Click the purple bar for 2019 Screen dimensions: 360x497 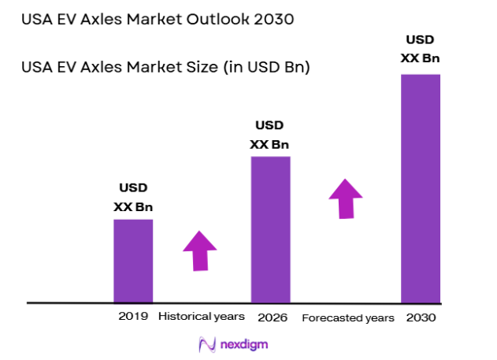(133, 261)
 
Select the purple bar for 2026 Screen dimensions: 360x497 (270, 229)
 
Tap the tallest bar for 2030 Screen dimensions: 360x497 (421, 188)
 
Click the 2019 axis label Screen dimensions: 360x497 (133, 317)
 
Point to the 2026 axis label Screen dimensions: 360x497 (272, 318)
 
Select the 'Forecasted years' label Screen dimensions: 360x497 (347, 318)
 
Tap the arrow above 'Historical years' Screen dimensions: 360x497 (199, 251)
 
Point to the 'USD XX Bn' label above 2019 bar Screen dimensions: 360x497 (133, 198)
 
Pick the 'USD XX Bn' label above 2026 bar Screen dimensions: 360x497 (270, 135)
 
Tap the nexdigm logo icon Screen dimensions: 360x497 (207, 344)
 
